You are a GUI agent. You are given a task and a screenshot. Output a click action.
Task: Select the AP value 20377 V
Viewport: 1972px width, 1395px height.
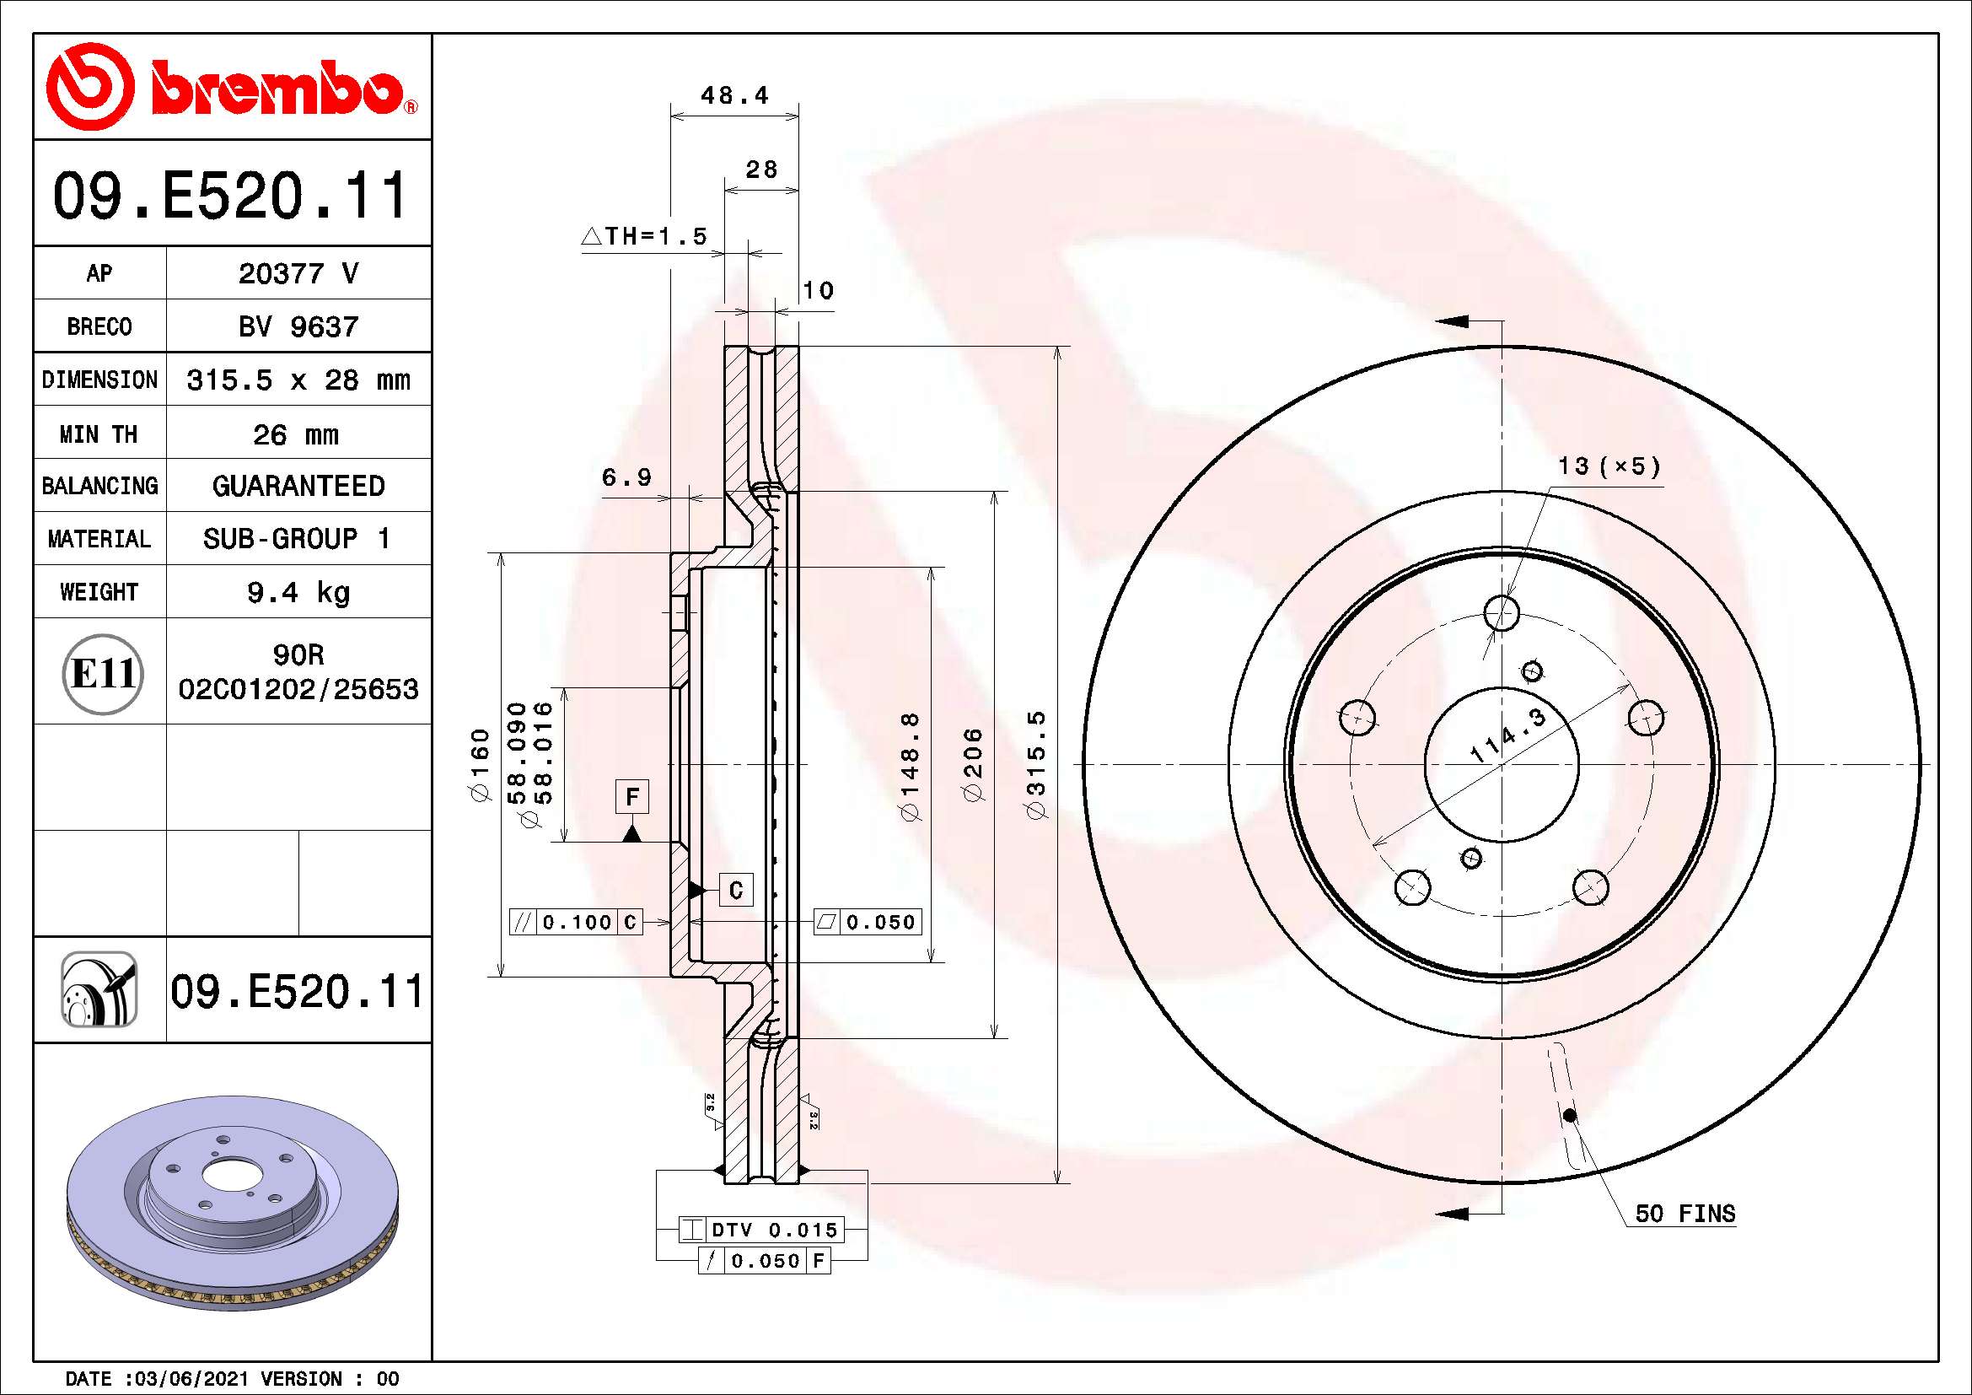coord(298,273)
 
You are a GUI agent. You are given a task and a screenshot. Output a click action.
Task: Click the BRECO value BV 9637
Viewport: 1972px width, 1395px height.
coord(298,326)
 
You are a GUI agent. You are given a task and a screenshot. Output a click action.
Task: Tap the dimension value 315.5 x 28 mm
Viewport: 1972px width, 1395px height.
coord(298,380)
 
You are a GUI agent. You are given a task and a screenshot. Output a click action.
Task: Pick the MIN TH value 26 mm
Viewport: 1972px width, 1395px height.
coord(296,434)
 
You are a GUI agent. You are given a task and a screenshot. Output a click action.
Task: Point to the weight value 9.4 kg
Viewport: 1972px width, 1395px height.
coord(298,592)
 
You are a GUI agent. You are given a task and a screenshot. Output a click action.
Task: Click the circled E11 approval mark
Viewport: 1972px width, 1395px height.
coord(103,673)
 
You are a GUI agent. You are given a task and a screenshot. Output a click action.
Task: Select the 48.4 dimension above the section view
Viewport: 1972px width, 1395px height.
coord(734,95)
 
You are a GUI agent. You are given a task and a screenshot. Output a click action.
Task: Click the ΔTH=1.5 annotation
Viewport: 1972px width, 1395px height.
coord(644,236)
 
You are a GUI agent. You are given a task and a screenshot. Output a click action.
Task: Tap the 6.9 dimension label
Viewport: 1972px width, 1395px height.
coord(626,477)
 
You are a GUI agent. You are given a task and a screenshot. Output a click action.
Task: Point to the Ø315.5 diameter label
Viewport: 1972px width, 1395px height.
coord(1037,764)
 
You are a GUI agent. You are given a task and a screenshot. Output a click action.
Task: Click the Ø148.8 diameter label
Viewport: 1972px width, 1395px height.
coord(911,764)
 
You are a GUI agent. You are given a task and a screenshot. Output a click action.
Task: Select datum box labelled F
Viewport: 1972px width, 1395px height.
coord(632,796)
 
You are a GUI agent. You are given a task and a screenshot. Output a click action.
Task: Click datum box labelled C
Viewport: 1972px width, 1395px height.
coord(735,890)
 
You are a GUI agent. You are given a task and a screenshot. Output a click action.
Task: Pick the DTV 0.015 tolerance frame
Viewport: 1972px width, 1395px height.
coord(761,1229)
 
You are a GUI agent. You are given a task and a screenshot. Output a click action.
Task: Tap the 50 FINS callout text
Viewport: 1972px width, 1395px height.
coord(1685,1214)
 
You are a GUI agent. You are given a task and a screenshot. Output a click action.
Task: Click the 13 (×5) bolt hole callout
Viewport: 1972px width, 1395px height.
coord(1609,466)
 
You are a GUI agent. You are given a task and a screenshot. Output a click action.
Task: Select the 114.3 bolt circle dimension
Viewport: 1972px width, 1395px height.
coord(1507,735)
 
